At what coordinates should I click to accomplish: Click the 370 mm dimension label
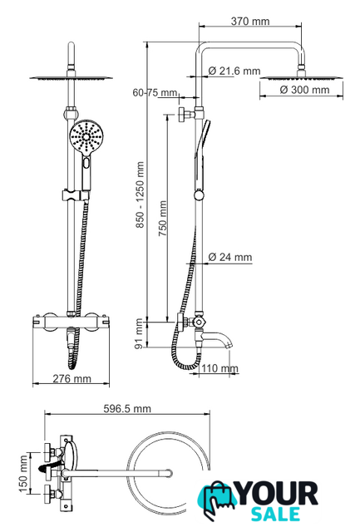(x=250, y=22)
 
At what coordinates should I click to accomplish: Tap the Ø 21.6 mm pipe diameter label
(x=234, y=71)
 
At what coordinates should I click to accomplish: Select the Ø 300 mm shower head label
(x=304, y=90)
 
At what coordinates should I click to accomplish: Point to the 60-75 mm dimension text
(x=155, y=92)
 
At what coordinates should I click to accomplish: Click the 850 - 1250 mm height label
(x=141, y=195)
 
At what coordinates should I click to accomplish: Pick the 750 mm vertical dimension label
(x=162, y=219)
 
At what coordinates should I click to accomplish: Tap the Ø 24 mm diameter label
(x=230, y=257)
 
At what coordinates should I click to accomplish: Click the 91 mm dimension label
(x=139, y=334)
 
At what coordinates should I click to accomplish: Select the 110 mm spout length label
(x=219, y=368)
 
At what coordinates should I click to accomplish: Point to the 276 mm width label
(x=72, y=378)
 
